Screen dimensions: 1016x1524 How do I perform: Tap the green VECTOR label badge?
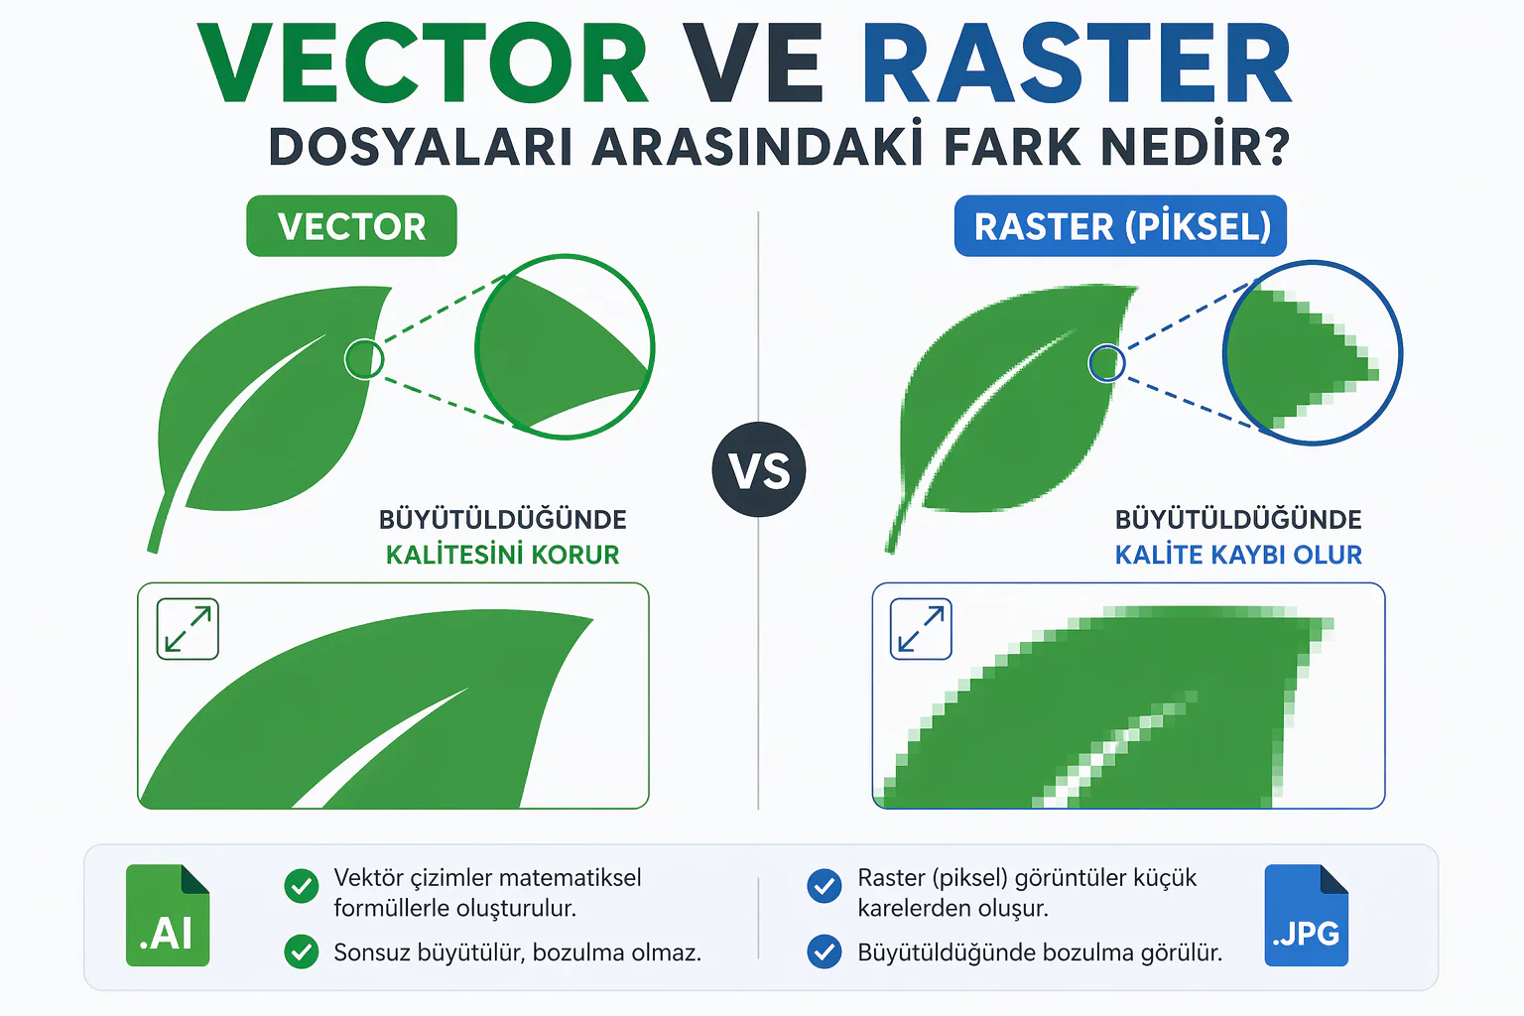click(351, 226)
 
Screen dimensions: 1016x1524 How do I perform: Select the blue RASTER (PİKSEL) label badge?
click(1121, 226)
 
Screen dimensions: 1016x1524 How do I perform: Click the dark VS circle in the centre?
click(759, 469)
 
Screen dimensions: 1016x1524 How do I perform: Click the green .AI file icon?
click(168, 916)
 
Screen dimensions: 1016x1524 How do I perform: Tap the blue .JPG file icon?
click(1306, 916)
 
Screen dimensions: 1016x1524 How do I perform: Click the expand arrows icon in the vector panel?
click(188, 629)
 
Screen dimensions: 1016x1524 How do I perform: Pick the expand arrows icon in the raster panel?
click(921, 629)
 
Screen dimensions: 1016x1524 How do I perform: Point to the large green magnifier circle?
click(565, 346)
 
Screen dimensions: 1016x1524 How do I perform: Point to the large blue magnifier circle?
click(1313, 352)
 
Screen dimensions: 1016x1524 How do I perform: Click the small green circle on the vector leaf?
click(364, 359)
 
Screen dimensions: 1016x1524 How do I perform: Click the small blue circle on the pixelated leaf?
click(1106, 363)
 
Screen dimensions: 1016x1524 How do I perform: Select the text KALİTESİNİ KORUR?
click(502, 555)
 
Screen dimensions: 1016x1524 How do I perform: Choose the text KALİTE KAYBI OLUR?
click(1238, 555)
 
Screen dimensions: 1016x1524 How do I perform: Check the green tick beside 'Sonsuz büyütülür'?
click(301, 952)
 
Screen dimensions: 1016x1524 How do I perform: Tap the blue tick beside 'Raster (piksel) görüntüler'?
click(824, 885)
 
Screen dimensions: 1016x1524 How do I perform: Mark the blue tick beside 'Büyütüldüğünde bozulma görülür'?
click(824, 952)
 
